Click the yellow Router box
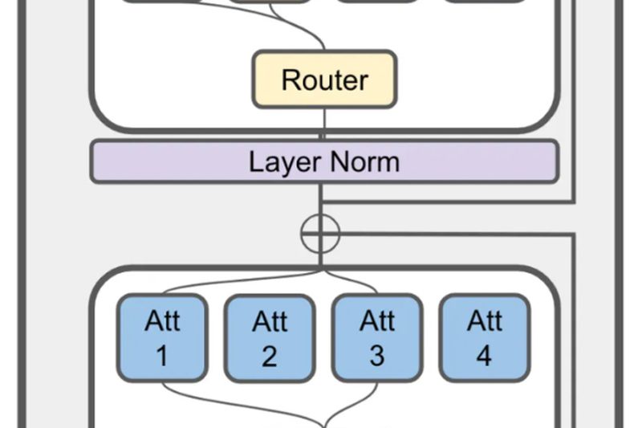pyautogui.click(x=324, y=79)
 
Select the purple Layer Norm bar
pyautogui.click(x=324, y=161)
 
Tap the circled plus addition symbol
pyautogui.click(x=320, y=234)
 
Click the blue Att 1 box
pyautogui.click(x=162, y=337)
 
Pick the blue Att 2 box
pyautogui.click(x=270, y=337)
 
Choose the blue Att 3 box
pyautogui.click(x=377, y=337)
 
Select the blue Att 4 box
pyautogui.click(x=484, y=337)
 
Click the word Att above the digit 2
pyautogui.click(x=270, y=321)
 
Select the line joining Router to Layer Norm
pyautogui.click(x=324, y=124)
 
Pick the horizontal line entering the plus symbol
pyautogui.click(x=449, y=234)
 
